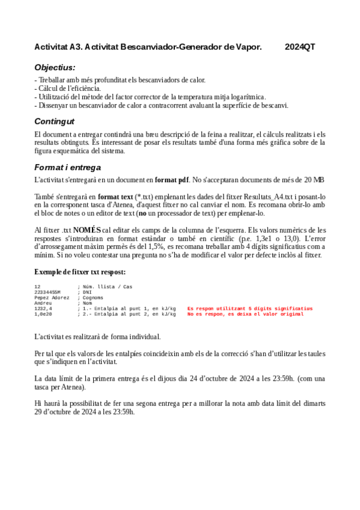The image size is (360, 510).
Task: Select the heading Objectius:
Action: [x=55, y=67]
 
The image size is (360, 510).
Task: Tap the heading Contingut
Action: [x=55, y=121]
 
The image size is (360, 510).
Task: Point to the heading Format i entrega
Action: [x=68, y=167]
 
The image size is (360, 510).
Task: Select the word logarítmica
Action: [x=245, y=96]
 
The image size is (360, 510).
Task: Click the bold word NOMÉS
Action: [x=87, y=230]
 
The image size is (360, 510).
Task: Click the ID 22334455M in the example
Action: [x=47, y=292]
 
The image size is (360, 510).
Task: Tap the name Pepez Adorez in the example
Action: [x=52, y=298]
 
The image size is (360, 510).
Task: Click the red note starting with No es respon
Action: [x=246, y=314]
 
